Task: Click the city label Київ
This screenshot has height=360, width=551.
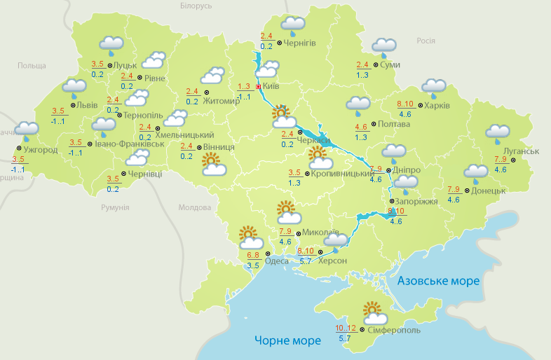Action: click(x=271, y=87)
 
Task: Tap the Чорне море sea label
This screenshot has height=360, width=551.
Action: click(x=287, y=340)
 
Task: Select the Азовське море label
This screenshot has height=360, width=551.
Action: click(x=438, y=281)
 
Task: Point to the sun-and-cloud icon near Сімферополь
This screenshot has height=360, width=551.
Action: click(x=373, y=311)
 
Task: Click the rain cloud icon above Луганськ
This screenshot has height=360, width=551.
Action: click(x=498, y=132)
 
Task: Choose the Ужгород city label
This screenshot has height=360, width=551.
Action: click(x=41, y=150)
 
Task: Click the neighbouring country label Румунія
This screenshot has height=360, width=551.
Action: click(x=115, y=207)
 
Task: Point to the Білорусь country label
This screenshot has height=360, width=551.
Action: click(x=196, y=6)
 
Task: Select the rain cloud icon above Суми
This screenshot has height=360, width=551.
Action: click(x=383, y=46)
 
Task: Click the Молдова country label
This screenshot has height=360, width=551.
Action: click(x=194, y=207)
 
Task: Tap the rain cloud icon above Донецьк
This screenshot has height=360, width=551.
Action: click(x=476, y=172)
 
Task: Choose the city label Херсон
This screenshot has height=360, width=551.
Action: click(x=333, y=260)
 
